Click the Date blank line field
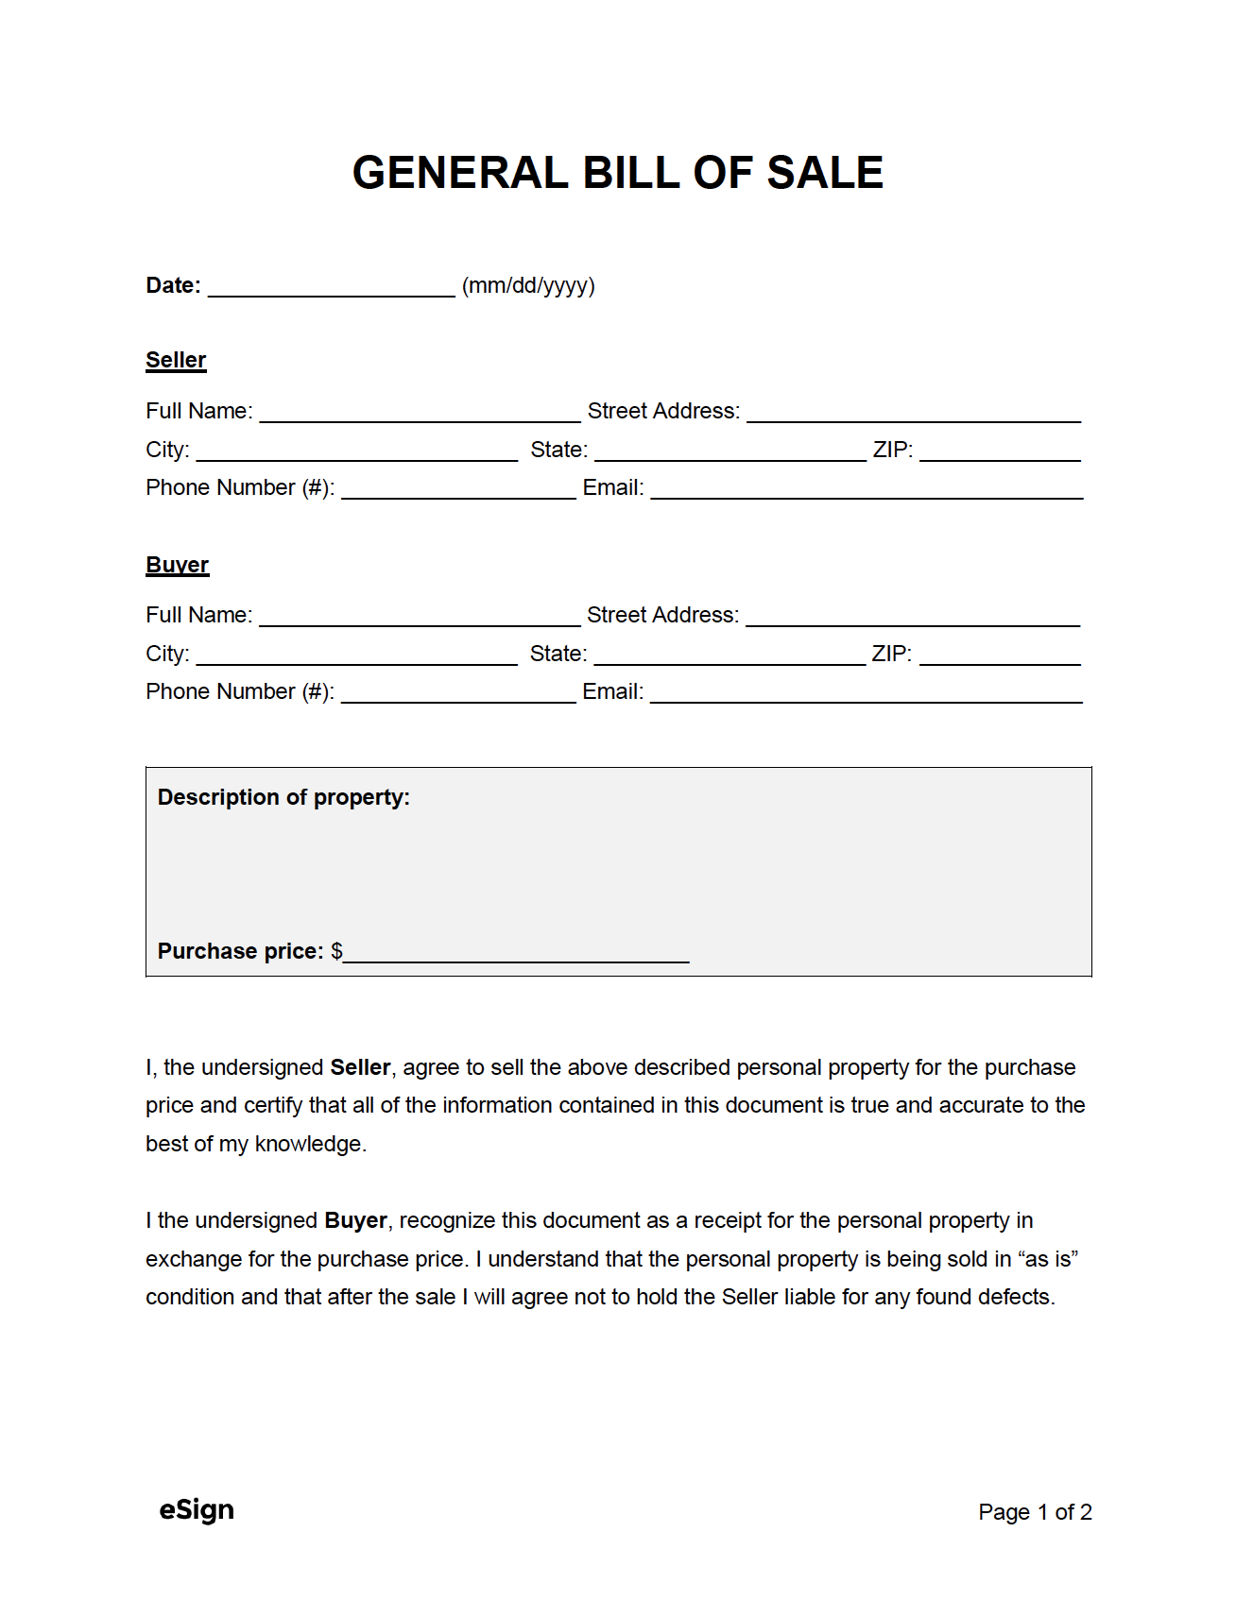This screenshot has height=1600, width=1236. click(331, 287)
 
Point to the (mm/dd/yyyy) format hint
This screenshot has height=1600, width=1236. click(528, 286)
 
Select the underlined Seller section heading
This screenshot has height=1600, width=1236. click(176, 360)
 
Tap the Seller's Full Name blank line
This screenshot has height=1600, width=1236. click(420, 414)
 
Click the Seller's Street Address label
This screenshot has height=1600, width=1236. click(663, 411)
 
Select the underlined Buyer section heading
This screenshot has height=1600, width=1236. click(177, 565)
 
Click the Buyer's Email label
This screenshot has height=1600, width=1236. click(612, 691)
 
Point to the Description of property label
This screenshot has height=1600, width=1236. click(283, 797)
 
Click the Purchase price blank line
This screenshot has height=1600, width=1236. click(516, 954)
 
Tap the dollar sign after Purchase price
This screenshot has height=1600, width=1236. click(336, 951)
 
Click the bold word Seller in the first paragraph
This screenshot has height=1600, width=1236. click(360, 1067)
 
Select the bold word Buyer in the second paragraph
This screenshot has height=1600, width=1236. click(355, 1220)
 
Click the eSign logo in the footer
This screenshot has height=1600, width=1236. click(197, 1509)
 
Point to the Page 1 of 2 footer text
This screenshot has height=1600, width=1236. click(1035, 1512)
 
